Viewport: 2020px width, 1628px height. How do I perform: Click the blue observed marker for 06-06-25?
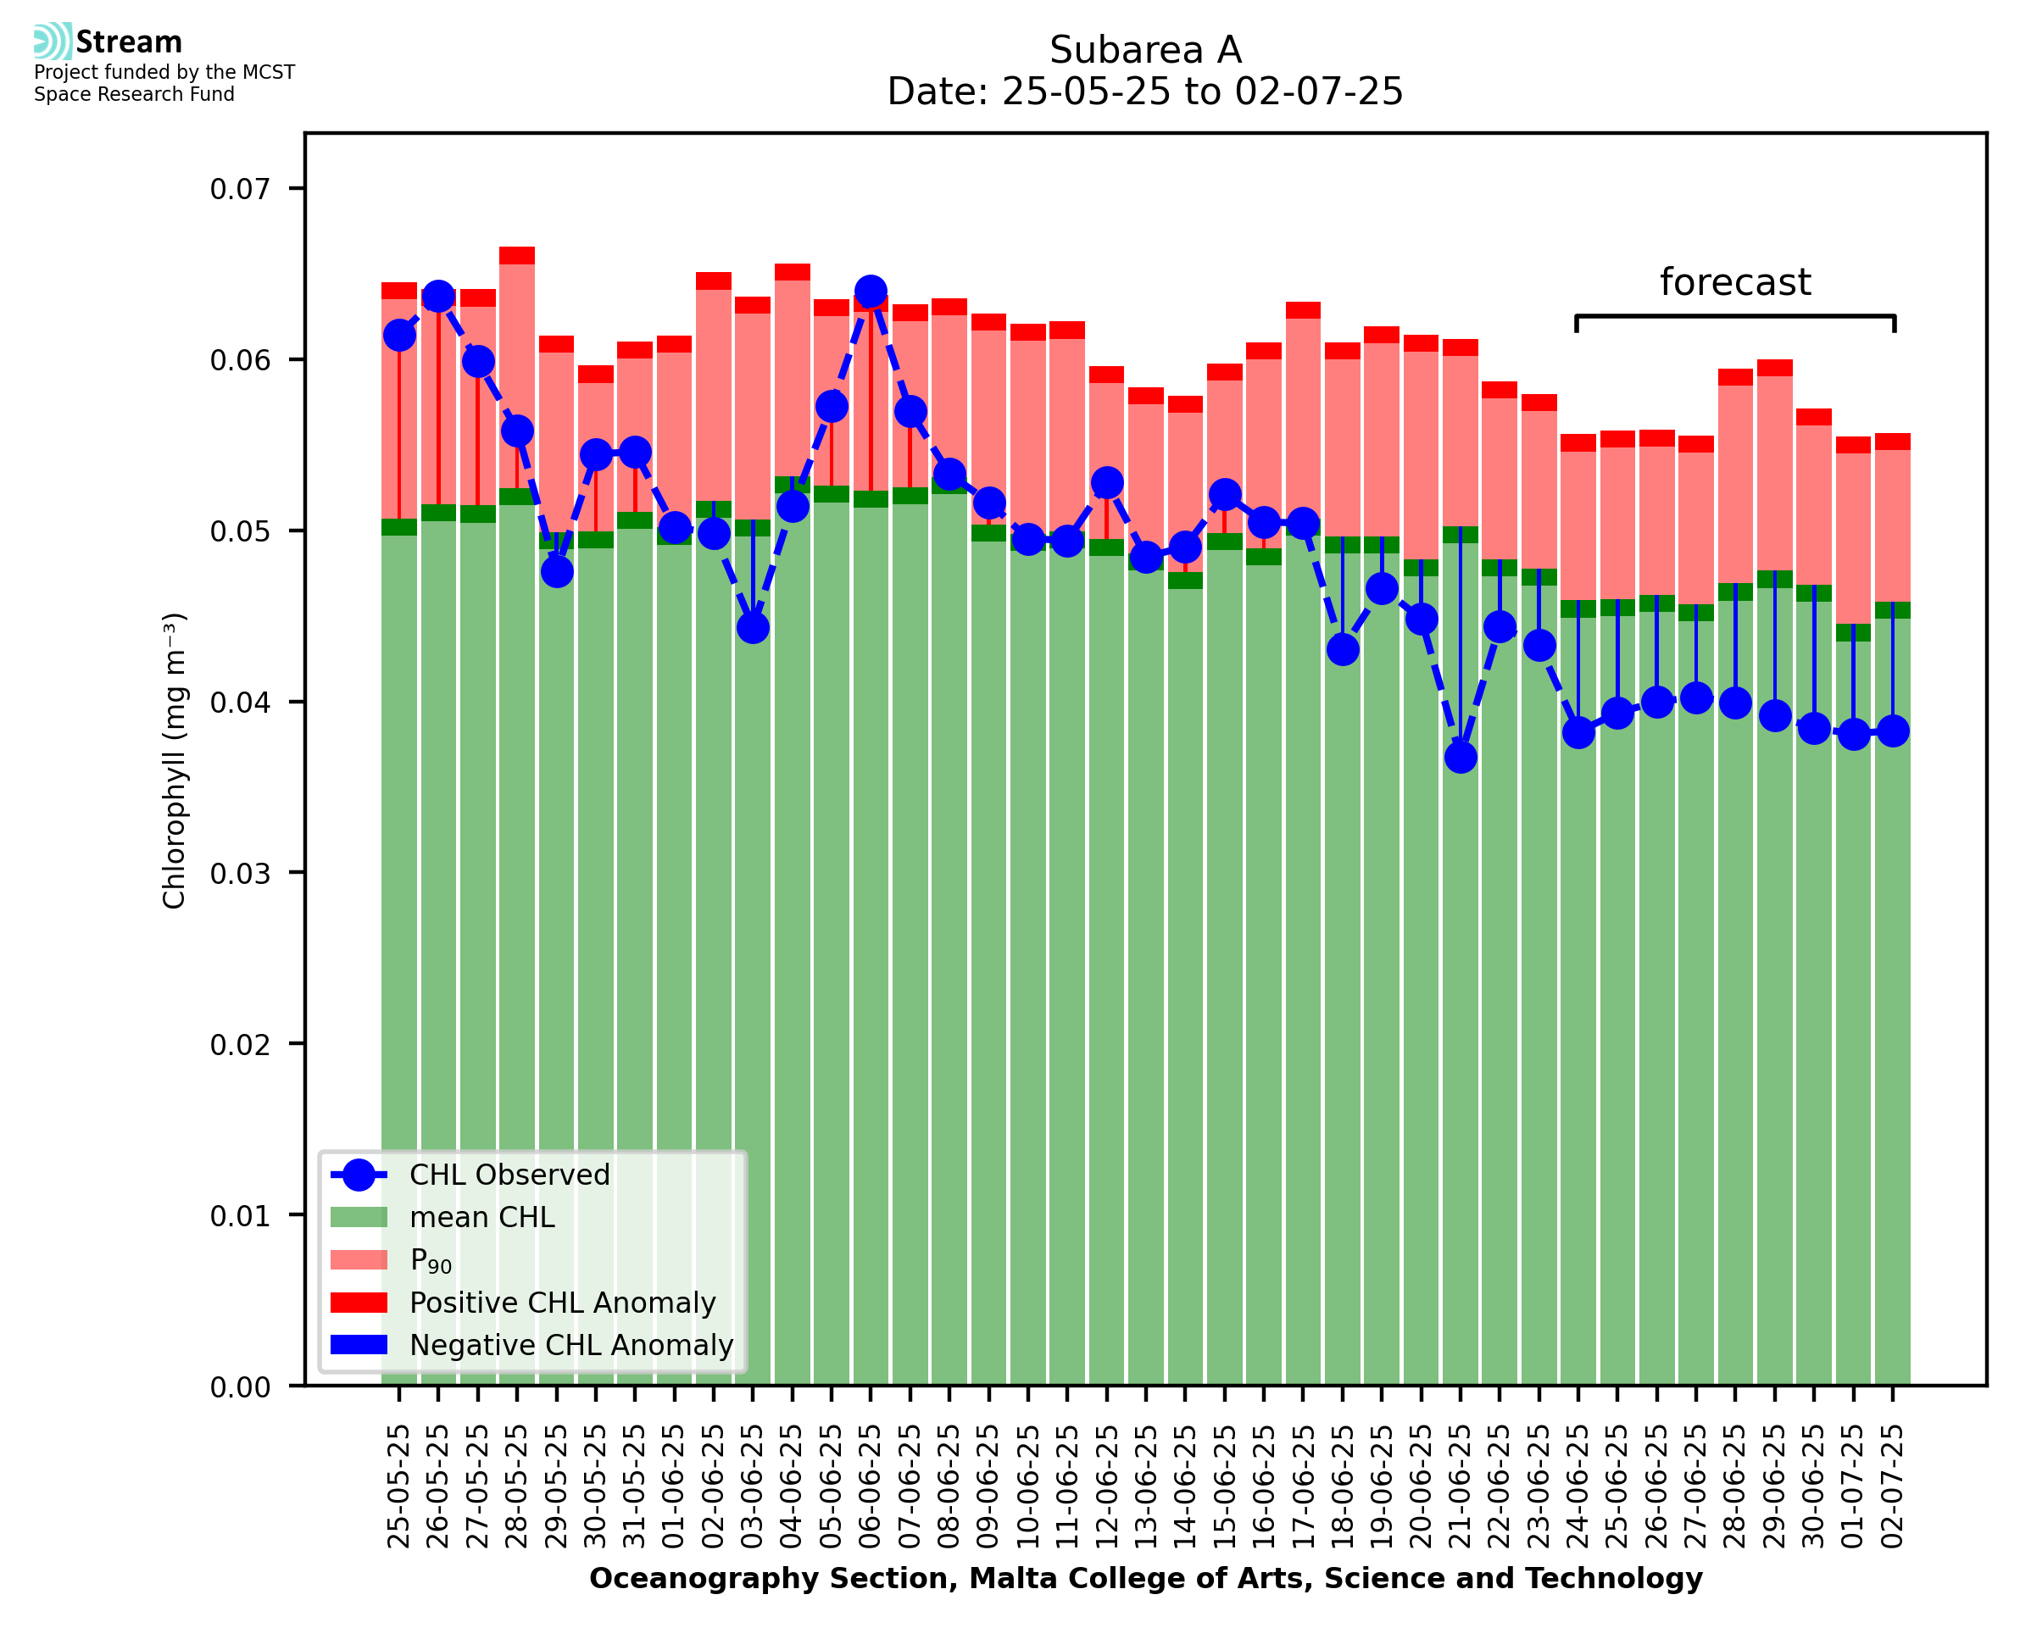[871, 292]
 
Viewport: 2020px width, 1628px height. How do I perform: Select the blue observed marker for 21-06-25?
[1461, 757]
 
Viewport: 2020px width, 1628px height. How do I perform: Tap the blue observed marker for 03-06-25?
[753, 627]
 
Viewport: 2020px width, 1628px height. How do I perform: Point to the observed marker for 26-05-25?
[439, 297]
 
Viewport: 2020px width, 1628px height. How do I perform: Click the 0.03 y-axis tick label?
[240, 873]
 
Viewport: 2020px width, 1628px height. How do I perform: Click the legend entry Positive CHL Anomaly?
[562, 1303]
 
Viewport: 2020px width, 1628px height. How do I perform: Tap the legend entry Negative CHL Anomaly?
[570, 1345]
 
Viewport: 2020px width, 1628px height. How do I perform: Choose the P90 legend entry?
[431, 1260]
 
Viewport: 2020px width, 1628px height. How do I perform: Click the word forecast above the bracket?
[1735, 282]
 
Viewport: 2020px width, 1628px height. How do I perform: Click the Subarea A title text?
[1145, 50]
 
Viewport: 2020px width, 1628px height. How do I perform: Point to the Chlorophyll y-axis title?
[175, 760]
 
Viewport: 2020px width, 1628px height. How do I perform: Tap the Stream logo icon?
[53, 42]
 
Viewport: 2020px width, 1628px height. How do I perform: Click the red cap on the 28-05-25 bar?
[517, 256]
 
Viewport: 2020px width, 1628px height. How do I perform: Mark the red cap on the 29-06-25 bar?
[1774, 368]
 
